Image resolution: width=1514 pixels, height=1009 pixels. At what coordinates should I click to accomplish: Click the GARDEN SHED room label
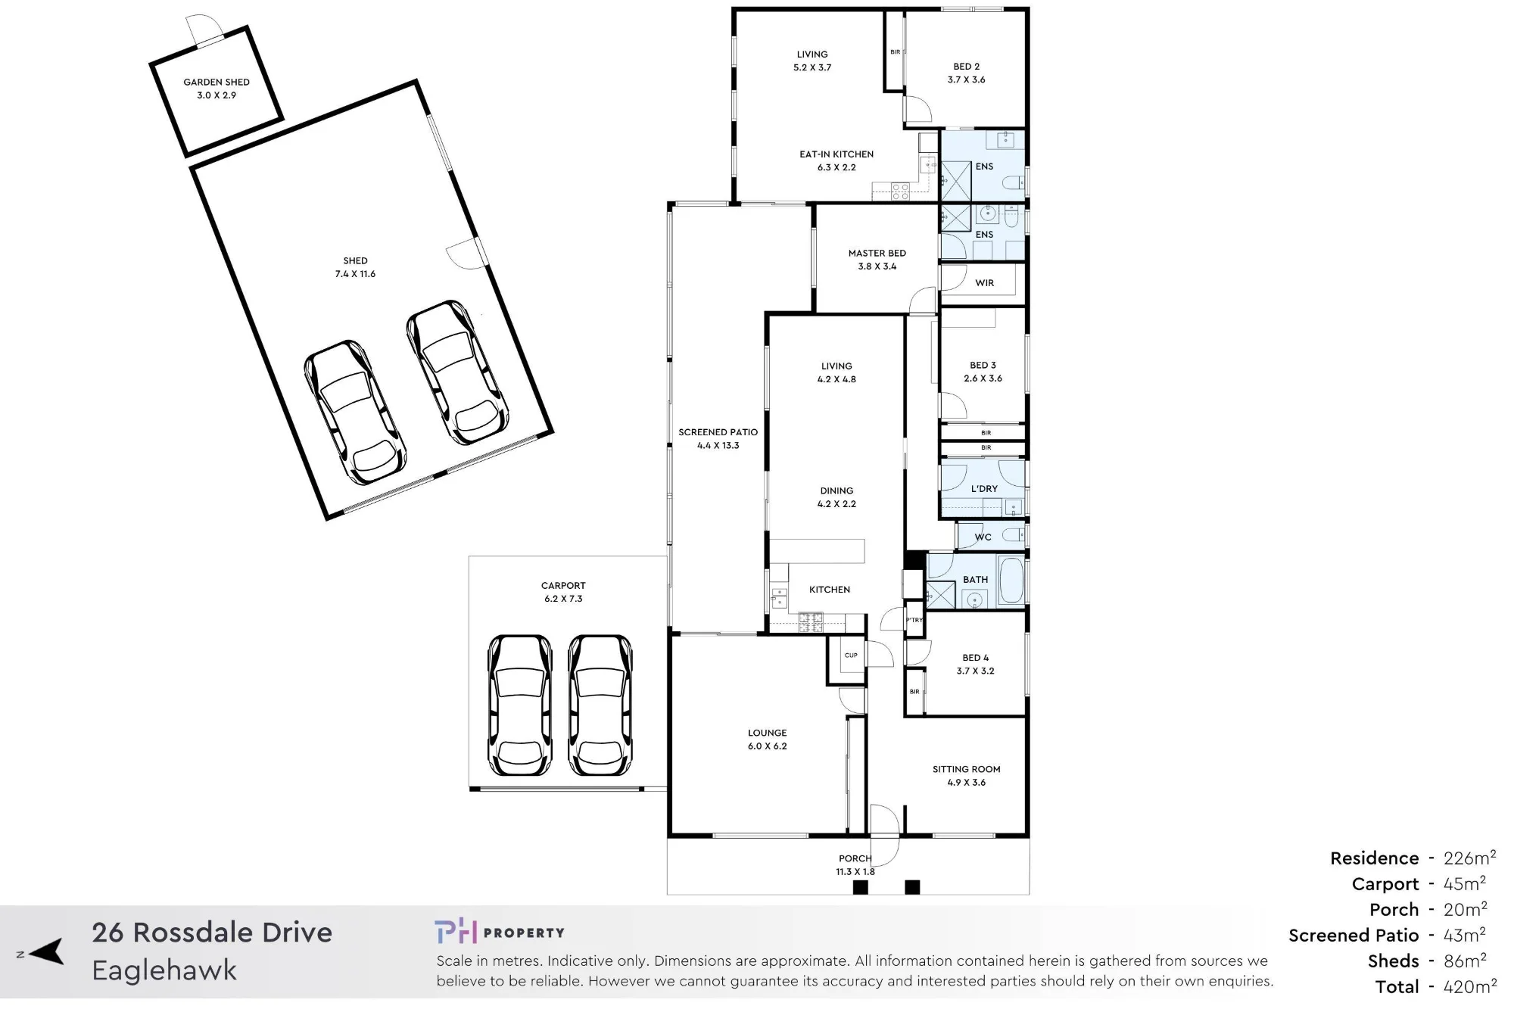217,82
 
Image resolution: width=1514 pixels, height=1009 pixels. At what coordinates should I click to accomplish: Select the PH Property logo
500,932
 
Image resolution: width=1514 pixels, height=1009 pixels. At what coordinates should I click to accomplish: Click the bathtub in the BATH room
1011,581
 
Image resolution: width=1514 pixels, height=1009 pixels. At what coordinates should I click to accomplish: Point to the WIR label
985,283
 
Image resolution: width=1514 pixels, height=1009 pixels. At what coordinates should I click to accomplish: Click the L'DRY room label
984,489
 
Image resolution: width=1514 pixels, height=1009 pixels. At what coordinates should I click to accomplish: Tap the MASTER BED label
877,254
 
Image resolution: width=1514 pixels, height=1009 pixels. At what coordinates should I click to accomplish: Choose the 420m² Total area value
1470,986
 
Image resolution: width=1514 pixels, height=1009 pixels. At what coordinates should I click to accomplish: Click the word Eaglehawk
164,970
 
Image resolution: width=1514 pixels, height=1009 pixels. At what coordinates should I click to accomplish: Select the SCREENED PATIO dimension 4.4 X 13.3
718,446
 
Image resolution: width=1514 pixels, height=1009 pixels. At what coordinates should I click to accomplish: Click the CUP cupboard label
851,656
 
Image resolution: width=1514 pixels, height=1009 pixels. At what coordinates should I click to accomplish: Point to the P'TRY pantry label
914,620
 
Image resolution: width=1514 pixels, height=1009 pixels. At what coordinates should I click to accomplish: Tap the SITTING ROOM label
967,769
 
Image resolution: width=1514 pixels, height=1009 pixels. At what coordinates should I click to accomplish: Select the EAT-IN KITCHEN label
836,154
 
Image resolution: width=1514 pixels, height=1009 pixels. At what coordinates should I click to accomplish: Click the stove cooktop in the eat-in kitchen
900,192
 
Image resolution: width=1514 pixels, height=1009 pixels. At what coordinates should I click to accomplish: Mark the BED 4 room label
976,658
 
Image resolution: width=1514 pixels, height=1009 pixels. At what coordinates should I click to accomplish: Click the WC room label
983,537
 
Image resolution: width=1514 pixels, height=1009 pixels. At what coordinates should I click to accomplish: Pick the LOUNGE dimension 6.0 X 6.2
768,746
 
